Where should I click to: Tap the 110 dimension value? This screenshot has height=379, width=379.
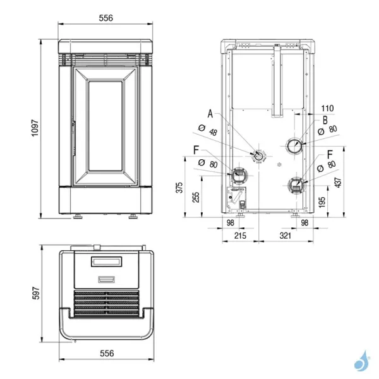tap(327, 108)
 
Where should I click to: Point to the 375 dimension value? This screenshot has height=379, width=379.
tap(179, 188)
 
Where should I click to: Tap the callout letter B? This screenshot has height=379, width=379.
tap(325, 119)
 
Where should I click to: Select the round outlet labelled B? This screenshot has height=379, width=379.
tap(294, 146)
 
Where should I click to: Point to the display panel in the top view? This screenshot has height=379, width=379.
tap(105, 261)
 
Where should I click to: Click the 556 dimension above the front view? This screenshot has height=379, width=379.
tap(105, 18)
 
